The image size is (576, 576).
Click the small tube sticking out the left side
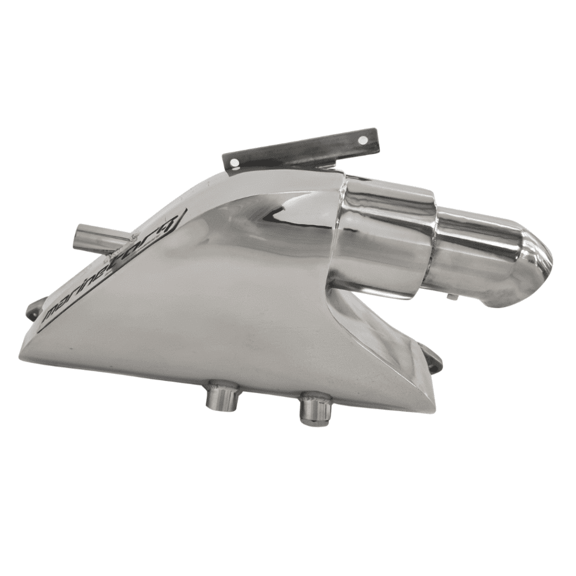(x=96, y=236)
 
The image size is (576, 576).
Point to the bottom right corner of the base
(x=427, y=408)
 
